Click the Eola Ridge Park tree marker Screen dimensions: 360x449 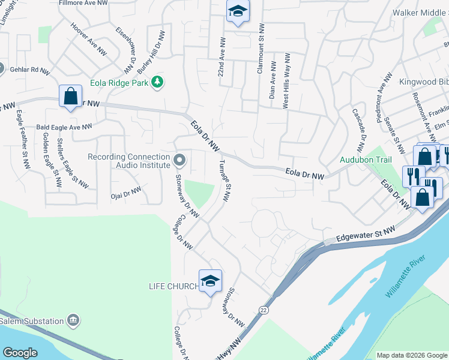[157, 82]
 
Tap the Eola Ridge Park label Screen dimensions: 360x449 [119, 83]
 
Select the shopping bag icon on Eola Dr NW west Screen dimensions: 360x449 [70, 96]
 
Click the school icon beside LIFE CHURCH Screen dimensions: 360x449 [210, 281]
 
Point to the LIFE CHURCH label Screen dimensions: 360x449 [173, 286]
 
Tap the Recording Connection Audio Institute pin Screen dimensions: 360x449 [179, 160]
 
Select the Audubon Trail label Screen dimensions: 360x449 [366, 160]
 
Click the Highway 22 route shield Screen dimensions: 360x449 [264, 309]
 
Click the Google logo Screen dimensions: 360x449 [20, 353]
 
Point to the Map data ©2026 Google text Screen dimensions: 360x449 [411, 355]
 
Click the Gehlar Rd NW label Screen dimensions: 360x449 [29, 70]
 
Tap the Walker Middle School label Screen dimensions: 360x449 [420, 13]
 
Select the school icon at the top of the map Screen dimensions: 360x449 [238, 11]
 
